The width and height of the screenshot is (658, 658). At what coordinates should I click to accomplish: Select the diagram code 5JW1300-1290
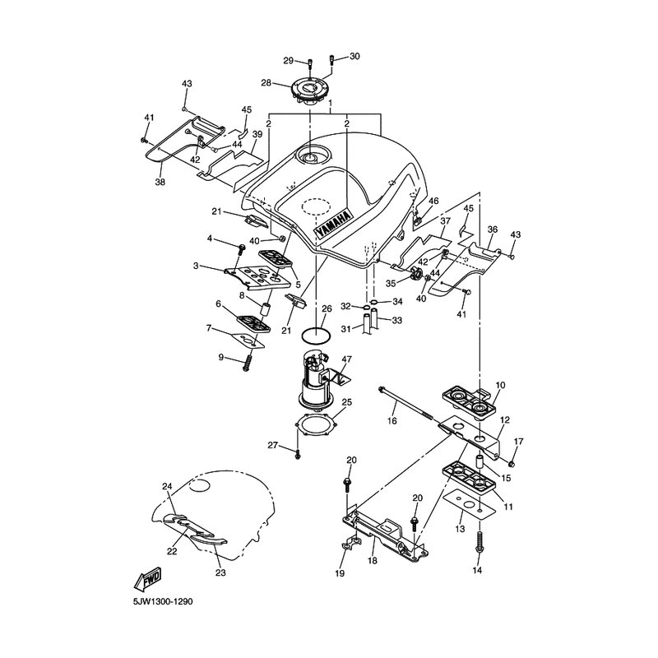tap(163, 602)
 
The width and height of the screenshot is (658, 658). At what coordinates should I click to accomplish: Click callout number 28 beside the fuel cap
tap(266, 83)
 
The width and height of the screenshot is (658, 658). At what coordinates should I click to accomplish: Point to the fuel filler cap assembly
tap(309, 91)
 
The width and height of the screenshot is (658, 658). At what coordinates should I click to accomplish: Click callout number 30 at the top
tap(354, 56)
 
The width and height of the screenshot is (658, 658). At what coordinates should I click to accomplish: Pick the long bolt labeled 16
tap(405, 402)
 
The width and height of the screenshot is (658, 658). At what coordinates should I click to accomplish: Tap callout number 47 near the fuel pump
tap(346, 359)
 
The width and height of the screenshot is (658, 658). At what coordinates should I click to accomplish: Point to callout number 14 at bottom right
tap(478, 569)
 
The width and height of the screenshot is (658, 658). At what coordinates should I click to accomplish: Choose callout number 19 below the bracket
tap(340, 572)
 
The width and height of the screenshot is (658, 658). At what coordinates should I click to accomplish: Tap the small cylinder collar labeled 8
tap(265, 309)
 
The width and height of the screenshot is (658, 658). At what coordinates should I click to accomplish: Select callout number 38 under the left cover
tap(160, 182)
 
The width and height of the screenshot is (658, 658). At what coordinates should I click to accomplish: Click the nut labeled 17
tap(512, 463)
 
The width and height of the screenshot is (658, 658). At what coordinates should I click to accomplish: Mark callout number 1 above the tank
tap(331, 103)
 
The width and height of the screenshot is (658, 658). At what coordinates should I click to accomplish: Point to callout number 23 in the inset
tap(220, 572)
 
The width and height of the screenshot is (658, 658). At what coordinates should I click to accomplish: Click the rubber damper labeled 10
tap(469, 398)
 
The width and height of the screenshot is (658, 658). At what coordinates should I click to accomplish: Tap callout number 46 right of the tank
tap(433, 201)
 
